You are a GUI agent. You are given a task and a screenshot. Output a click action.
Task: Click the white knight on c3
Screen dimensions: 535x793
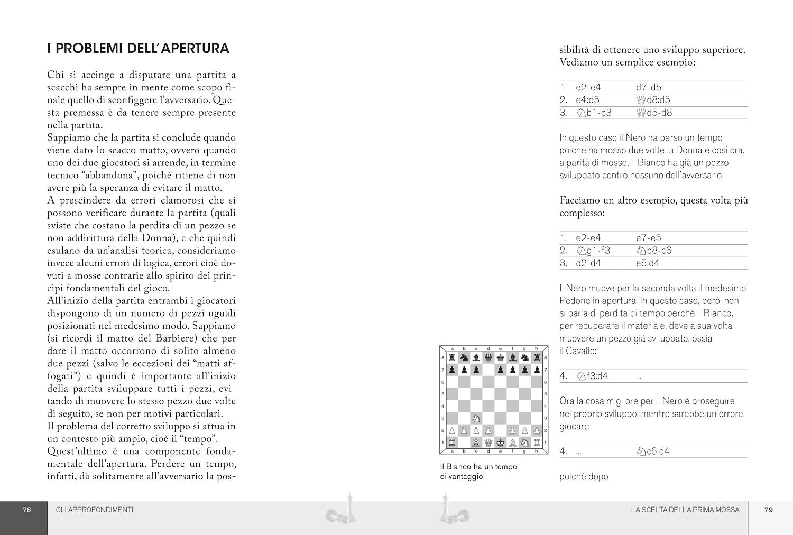[476, 418]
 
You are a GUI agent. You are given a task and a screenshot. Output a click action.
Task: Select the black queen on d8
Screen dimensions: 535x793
[488, 358]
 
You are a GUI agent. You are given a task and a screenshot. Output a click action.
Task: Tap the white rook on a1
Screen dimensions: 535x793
[452, 442]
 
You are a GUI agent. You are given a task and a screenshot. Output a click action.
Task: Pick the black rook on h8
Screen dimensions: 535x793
[537, 358]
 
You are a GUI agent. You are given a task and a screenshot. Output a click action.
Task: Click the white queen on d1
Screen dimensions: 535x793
[488, 442]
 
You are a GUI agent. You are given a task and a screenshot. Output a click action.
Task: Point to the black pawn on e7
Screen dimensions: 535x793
[500, 370]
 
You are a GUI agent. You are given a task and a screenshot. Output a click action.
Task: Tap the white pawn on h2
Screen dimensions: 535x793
[537, 430]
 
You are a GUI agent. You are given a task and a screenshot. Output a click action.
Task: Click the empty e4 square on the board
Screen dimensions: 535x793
[500, 406]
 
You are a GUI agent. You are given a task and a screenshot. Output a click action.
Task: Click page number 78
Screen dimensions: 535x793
[27, 510]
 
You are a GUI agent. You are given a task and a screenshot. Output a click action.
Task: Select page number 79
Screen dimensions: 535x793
[769, 510]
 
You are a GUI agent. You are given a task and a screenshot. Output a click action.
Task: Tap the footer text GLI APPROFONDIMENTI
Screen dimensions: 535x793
[94, 510]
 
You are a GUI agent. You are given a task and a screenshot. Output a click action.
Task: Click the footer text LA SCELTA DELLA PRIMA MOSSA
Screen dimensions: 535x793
[685, 510]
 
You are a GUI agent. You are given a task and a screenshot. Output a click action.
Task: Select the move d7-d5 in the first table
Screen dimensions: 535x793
[648, 88]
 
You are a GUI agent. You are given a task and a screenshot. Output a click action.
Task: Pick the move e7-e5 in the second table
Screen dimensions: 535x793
[648, 238]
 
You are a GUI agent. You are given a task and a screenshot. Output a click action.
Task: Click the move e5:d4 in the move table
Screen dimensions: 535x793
[648, 263]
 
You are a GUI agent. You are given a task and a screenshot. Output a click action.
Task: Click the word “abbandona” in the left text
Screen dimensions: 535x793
[112, 176]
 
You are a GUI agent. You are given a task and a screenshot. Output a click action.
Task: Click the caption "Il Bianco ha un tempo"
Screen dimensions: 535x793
[478, 467]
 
